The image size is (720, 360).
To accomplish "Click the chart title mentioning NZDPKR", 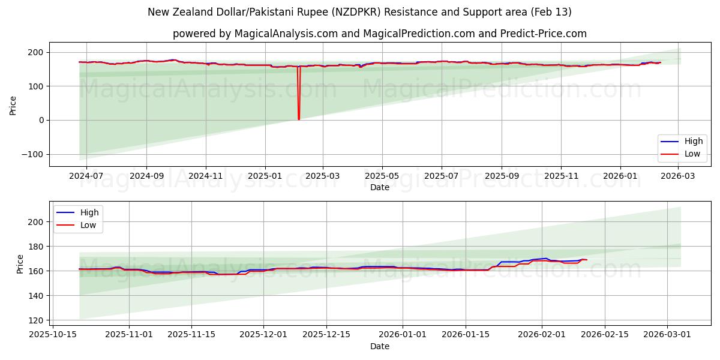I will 359,12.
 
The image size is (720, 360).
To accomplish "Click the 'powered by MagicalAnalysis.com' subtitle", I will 379,34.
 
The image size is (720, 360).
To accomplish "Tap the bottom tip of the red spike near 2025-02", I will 299,119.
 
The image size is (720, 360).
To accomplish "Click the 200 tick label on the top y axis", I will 37,52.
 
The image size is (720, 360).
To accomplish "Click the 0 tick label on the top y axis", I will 41,120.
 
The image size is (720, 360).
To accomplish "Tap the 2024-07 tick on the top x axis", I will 86,176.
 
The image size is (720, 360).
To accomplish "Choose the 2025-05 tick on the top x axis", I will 382,176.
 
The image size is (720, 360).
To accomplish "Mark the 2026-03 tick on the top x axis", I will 679,176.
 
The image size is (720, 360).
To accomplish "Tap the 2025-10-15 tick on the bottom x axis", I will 53,335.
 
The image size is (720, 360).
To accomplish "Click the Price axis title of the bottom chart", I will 20,264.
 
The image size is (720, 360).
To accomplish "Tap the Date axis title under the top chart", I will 379,187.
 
